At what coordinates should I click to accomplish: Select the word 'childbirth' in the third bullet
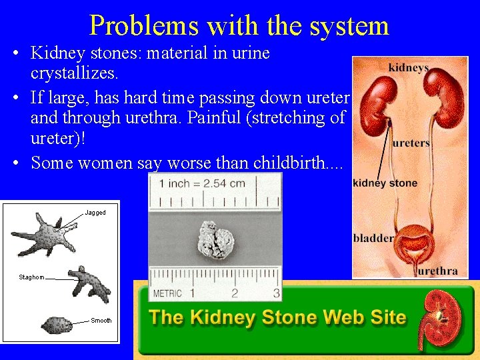(x=295, y=162)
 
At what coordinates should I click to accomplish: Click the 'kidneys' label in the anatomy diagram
(x=409, y=68)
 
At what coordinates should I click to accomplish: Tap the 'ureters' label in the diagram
(x=411, y=143)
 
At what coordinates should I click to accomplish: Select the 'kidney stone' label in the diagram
(x=385, y=183)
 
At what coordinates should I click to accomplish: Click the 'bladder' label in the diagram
(x=373, y=238)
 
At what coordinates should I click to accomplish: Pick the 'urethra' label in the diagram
(x=437, y=271)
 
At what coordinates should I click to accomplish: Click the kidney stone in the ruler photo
(x=214, y=242)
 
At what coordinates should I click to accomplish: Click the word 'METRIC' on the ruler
(x=167, y=293)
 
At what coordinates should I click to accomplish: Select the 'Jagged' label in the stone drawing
(x=95, y=213)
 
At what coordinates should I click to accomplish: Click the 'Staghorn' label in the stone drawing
(x=31, y=277)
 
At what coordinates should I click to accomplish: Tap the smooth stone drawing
(x=57, y=325)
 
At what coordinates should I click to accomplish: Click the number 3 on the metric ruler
(x=275, y=293)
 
